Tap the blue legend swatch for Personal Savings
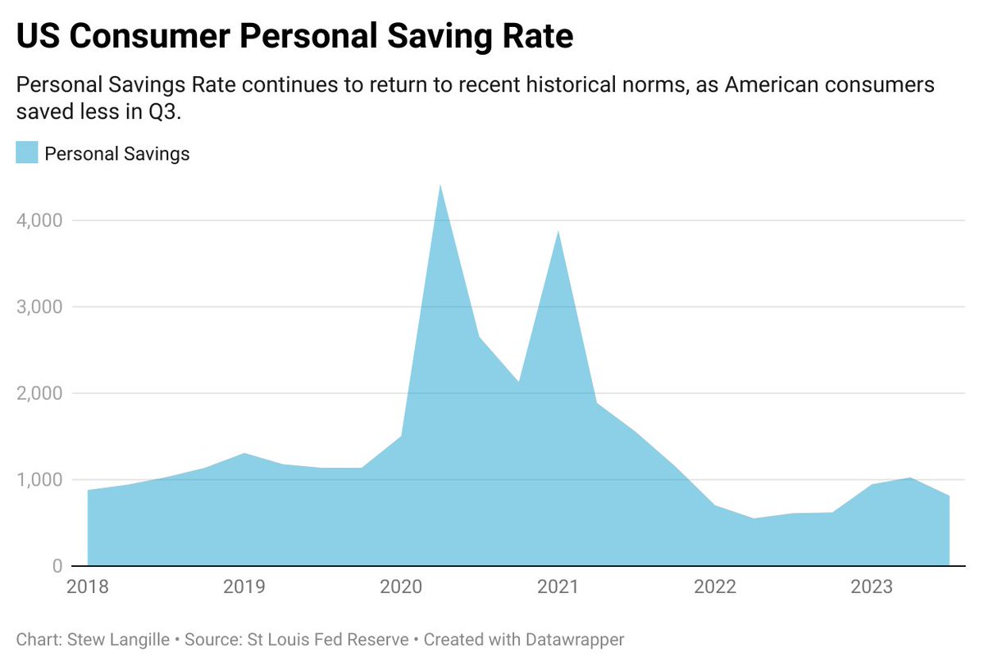tap(27, 152)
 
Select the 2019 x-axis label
tap(244, 587)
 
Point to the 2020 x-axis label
tap(401, 587)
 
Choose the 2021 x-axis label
tap(558, 587)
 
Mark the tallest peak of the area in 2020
tap(440, 186)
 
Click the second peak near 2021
tap(558, 232)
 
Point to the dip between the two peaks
tap(518, 381)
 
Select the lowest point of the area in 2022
tap(754, 518)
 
